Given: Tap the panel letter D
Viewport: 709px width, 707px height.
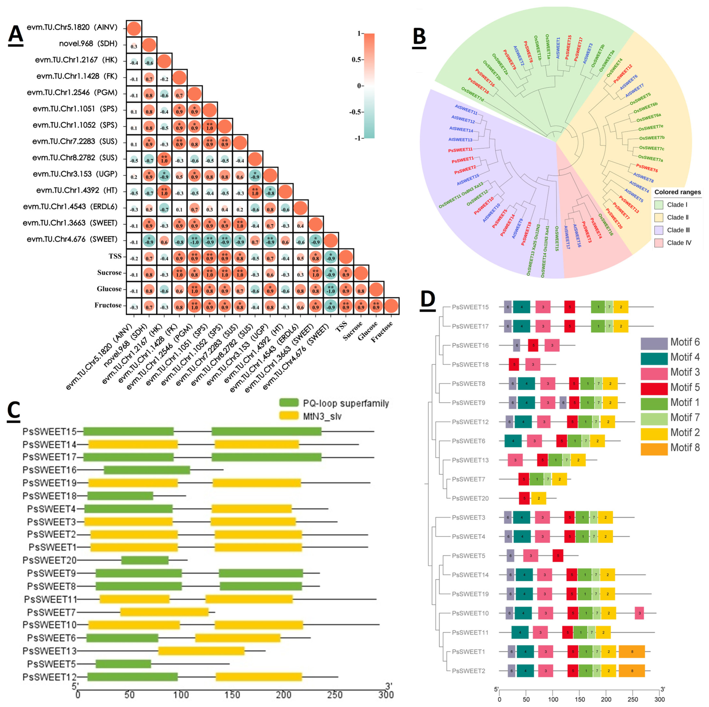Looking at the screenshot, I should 428,299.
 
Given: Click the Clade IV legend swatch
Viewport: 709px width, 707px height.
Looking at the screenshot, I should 659,243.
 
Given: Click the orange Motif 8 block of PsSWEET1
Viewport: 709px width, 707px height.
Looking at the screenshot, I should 632,651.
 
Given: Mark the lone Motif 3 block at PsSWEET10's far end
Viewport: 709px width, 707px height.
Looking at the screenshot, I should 639,613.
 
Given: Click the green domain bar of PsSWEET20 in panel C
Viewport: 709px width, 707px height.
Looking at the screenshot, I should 145,560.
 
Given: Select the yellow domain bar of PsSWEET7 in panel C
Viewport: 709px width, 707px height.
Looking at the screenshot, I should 164,612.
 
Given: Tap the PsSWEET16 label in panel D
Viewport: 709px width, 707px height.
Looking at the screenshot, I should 470,345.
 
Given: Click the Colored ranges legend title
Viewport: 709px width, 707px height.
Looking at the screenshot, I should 677,192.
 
